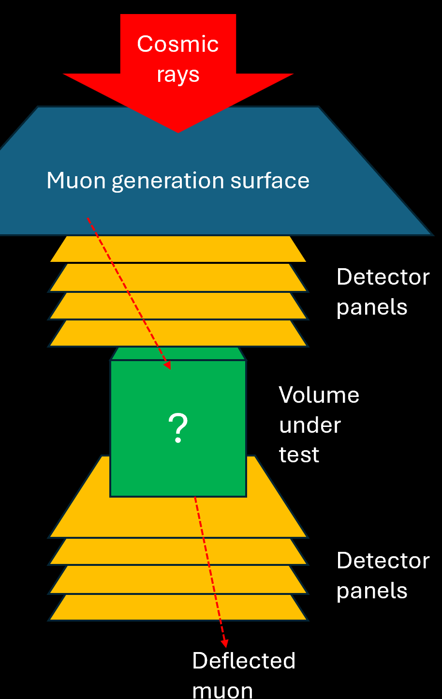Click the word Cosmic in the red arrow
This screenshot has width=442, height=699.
[x=177, y=45]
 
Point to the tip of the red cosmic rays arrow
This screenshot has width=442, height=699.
[x=178, y=131]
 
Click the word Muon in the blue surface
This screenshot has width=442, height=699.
[x=76, y=181]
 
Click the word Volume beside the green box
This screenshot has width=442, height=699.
[x=319, y=395]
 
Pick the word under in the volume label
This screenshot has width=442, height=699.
[x=310, y=425]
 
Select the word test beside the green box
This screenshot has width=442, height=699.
[x=299, y=455]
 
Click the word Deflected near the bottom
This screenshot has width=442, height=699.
[x=244, y=661]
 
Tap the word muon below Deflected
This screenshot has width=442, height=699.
[x=222, y=690]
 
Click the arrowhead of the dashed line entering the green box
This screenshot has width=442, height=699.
[x=167, y=365]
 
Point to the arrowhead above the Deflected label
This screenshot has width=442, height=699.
[x=224, y=643]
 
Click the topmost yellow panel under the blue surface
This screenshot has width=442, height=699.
[x=178, y=249]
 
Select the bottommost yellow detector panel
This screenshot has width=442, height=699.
[x=178, y=608]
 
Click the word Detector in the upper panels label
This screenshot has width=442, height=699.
[x=383, y=277]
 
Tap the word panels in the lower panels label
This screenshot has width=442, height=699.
[x=372, y=591]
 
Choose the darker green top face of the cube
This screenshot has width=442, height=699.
[x=178, y=353]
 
